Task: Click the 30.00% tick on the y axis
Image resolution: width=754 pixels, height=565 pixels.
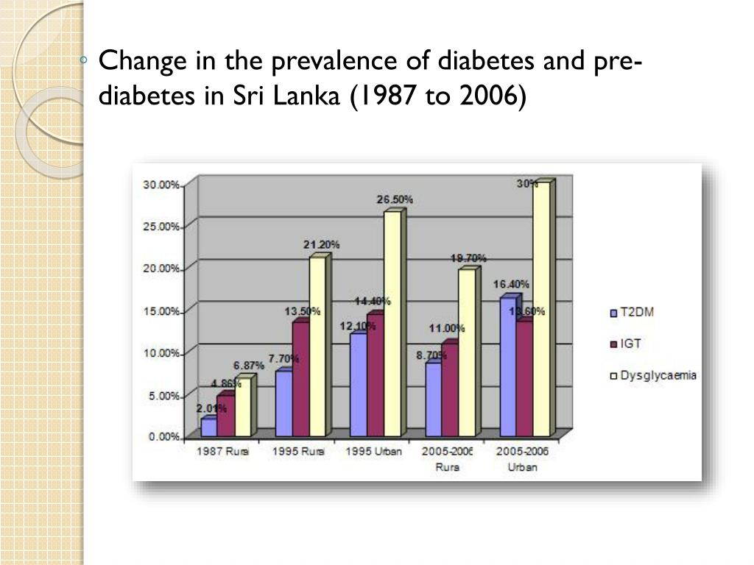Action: coord(161,185)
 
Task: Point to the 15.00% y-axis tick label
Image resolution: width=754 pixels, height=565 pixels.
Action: coord(161,311)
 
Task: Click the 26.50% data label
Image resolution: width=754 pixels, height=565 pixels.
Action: coord(395,199)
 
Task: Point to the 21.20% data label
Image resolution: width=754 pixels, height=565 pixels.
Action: coord(321,244)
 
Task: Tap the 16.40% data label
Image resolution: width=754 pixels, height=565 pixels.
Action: coord(511,284)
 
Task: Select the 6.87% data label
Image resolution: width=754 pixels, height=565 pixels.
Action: coord(249,366)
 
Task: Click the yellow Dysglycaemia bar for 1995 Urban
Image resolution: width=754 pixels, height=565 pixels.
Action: coord(392,324)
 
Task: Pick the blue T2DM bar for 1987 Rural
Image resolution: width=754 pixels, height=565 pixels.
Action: coord(208,427)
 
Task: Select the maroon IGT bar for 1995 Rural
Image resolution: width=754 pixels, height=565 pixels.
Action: coord(300,379)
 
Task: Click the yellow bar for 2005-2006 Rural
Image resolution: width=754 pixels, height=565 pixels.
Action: coord(466,352)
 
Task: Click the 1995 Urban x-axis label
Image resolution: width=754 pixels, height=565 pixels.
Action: coord(373,452)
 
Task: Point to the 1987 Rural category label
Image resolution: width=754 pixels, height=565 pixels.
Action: coord(222,452)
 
